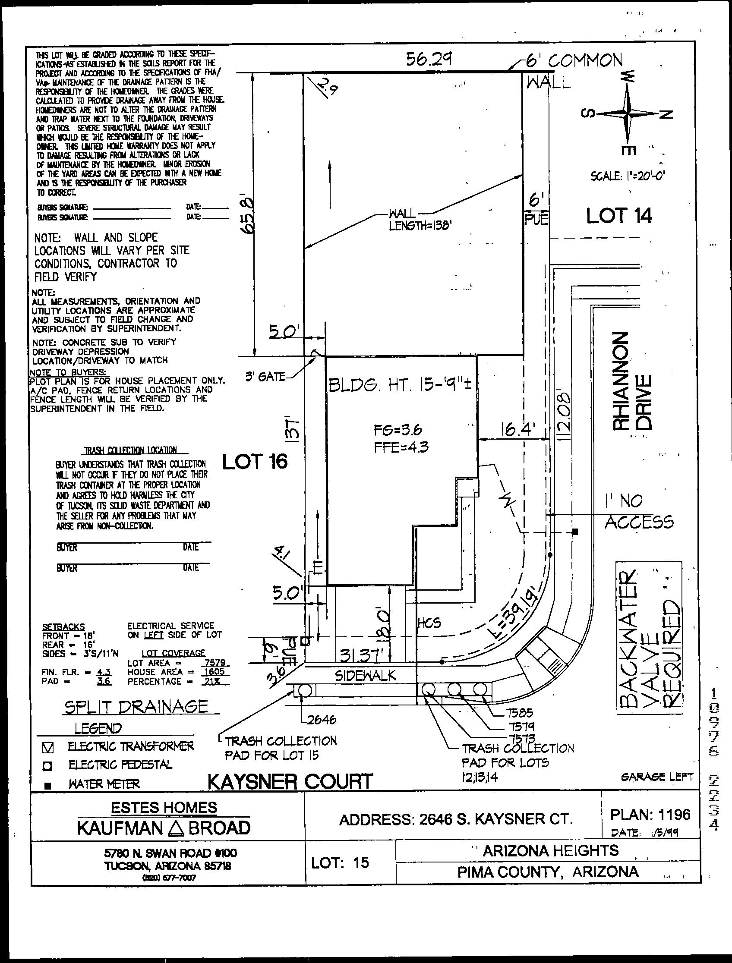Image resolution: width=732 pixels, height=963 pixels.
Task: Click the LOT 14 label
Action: click(x=619, y=216)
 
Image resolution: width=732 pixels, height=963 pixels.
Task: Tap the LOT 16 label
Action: click(x=255, y=462)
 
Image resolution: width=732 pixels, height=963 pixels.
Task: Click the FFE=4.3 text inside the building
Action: click(x=401, y=447)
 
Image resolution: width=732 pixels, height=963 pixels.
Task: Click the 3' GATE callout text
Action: click(x=265, y=377)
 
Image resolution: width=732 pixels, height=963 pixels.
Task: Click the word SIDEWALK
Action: click(x=366, y=676)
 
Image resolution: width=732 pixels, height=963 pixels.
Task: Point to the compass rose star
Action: click(x=628, y=113)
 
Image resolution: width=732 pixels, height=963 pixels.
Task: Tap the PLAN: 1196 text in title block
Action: click(x=650, y=814)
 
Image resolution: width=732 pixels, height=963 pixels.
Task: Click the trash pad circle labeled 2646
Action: click(x=304, y=691)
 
